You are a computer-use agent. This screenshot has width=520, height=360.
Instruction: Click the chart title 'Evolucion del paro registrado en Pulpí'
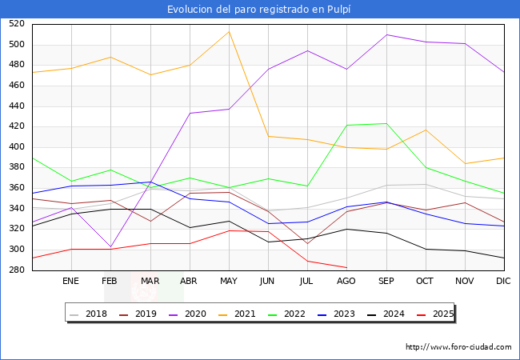tap(260, 9)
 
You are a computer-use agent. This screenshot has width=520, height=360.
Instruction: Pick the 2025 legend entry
tap(435, 314)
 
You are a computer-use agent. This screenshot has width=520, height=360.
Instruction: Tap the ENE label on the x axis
tap(71, 281)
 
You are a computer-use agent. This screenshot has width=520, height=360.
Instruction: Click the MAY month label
tap(228, 281)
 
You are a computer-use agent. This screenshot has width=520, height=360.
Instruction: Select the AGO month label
tap(346, 281)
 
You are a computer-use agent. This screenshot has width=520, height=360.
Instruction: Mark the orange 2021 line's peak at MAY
tap(229, 32)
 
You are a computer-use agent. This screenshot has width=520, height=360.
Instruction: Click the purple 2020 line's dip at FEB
tap(110, 246)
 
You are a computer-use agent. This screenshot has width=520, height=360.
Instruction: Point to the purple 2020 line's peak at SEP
tap(386, 34)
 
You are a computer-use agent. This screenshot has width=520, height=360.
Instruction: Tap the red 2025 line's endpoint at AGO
tap(346, 267)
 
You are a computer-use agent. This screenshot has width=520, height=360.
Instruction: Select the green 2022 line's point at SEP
tap(386, 123)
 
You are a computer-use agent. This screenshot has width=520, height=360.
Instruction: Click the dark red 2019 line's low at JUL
tap(307, 243)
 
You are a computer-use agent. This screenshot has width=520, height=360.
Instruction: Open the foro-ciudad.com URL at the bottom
tap(458, 347)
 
